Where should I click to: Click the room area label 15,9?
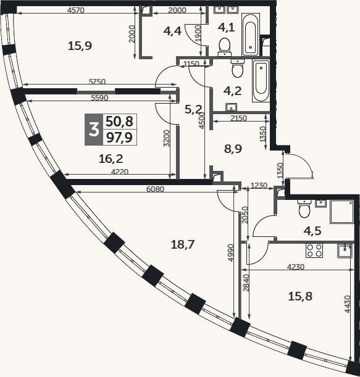point(80,46)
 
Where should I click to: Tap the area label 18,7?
point(183,244)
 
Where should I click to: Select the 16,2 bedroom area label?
point(111,159)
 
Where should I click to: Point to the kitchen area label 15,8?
point(300,296)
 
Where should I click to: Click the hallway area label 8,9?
point(233,149)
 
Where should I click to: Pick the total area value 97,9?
point(120,138)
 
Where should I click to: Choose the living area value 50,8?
point(120,122)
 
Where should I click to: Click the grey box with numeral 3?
point(94,130)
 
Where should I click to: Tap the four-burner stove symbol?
point(314,251)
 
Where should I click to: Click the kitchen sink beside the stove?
point(345,251)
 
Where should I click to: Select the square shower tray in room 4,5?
point(342,212)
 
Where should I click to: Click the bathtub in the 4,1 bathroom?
point(251,35)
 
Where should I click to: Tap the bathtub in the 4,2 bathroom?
point(261,81)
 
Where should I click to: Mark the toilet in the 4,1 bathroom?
point(225,47)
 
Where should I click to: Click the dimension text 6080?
point(155,189)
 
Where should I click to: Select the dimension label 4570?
point(76,10)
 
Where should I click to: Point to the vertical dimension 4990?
point(230,253)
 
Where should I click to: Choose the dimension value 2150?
point(238,118)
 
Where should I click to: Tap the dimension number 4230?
point(296,267)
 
